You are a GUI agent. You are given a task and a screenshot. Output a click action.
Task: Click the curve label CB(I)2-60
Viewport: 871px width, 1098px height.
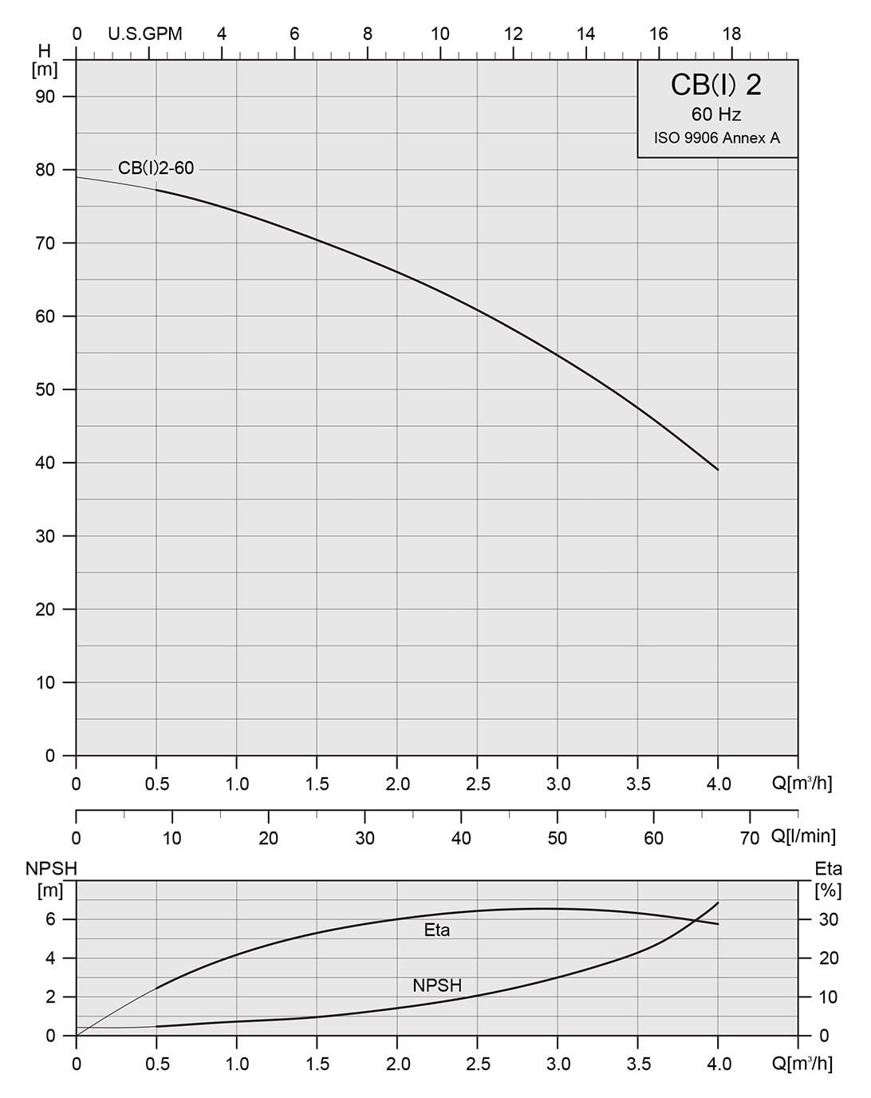(x=156, y=168)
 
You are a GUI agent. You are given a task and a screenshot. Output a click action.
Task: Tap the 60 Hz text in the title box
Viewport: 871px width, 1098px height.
(x=716, y=115)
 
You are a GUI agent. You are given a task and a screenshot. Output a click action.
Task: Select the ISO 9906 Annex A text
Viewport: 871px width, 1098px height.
(x=717, y=138)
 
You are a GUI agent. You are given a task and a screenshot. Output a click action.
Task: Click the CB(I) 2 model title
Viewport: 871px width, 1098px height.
(x=716, y=85)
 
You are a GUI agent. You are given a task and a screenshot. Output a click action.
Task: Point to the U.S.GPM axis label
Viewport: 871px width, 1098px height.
(x=145, y=34)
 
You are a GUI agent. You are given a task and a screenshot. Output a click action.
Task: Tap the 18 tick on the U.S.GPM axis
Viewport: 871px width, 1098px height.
(x=731, y=34)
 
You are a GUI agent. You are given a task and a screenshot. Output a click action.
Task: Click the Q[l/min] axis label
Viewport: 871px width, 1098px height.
(x=803, y=836)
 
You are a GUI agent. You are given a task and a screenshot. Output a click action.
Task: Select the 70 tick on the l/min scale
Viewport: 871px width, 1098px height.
(x=750, y=838)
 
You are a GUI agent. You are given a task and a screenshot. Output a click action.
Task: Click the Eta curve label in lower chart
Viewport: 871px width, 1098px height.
(x=437, y=930)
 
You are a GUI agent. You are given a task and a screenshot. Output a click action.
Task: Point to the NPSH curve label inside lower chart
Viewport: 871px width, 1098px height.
(x=437, y=985)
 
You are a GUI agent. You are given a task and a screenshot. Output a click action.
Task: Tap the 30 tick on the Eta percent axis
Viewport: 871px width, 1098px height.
(x=830, y=919)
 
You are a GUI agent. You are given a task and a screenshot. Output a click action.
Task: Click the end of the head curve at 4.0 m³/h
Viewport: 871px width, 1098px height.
(x=718, y=469)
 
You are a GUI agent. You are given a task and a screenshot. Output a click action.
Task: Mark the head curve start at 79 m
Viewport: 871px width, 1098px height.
(x=77, y=177)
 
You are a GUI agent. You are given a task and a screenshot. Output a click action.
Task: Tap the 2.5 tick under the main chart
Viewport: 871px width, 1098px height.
(x=478, y=784)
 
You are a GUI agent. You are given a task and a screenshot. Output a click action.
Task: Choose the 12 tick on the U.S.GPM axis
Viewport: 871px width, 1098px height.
(x=514, y=34)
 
